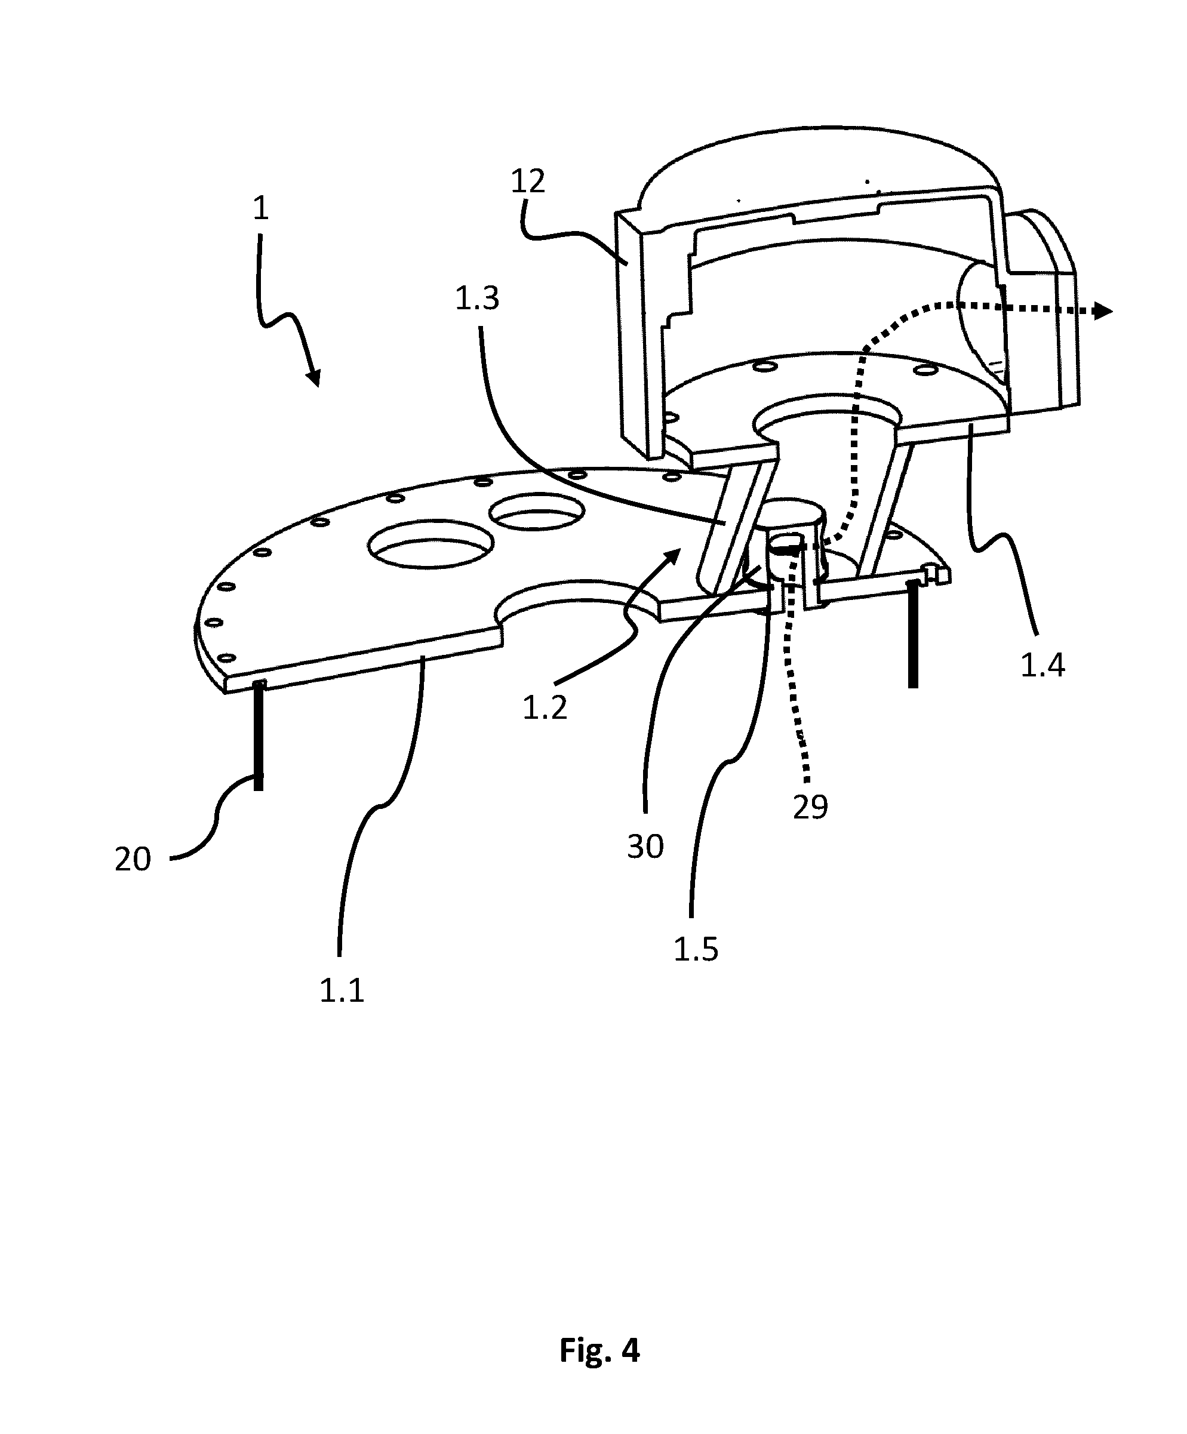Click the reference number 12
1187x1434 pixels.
(x=528, y=181)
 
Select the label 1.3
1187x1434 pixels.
(x=478, y=299)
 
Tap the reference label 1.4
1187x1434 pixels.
(x=1043, y=665)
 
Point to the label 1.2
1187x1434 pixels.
(x=545, y=707)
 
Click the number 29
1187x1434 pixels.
(x=811, y=807)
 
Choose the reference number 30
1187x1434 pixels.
(x=645, y=847)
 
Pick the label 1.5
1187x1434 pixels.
(x=696, y=949)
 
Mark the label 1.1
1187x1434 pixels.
(x=342, y=990)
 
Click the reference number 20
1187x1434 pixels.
(x=133, y=859)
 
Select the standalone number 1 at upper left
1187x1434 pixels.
(x=260, y=208)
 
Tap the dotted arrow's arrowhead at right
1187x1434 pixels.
(x=1103, y=312)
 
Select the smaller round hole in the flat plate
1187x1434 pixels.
(x=537, y=512)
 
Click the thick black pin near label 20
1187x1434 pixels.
(x=258, y=736)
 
